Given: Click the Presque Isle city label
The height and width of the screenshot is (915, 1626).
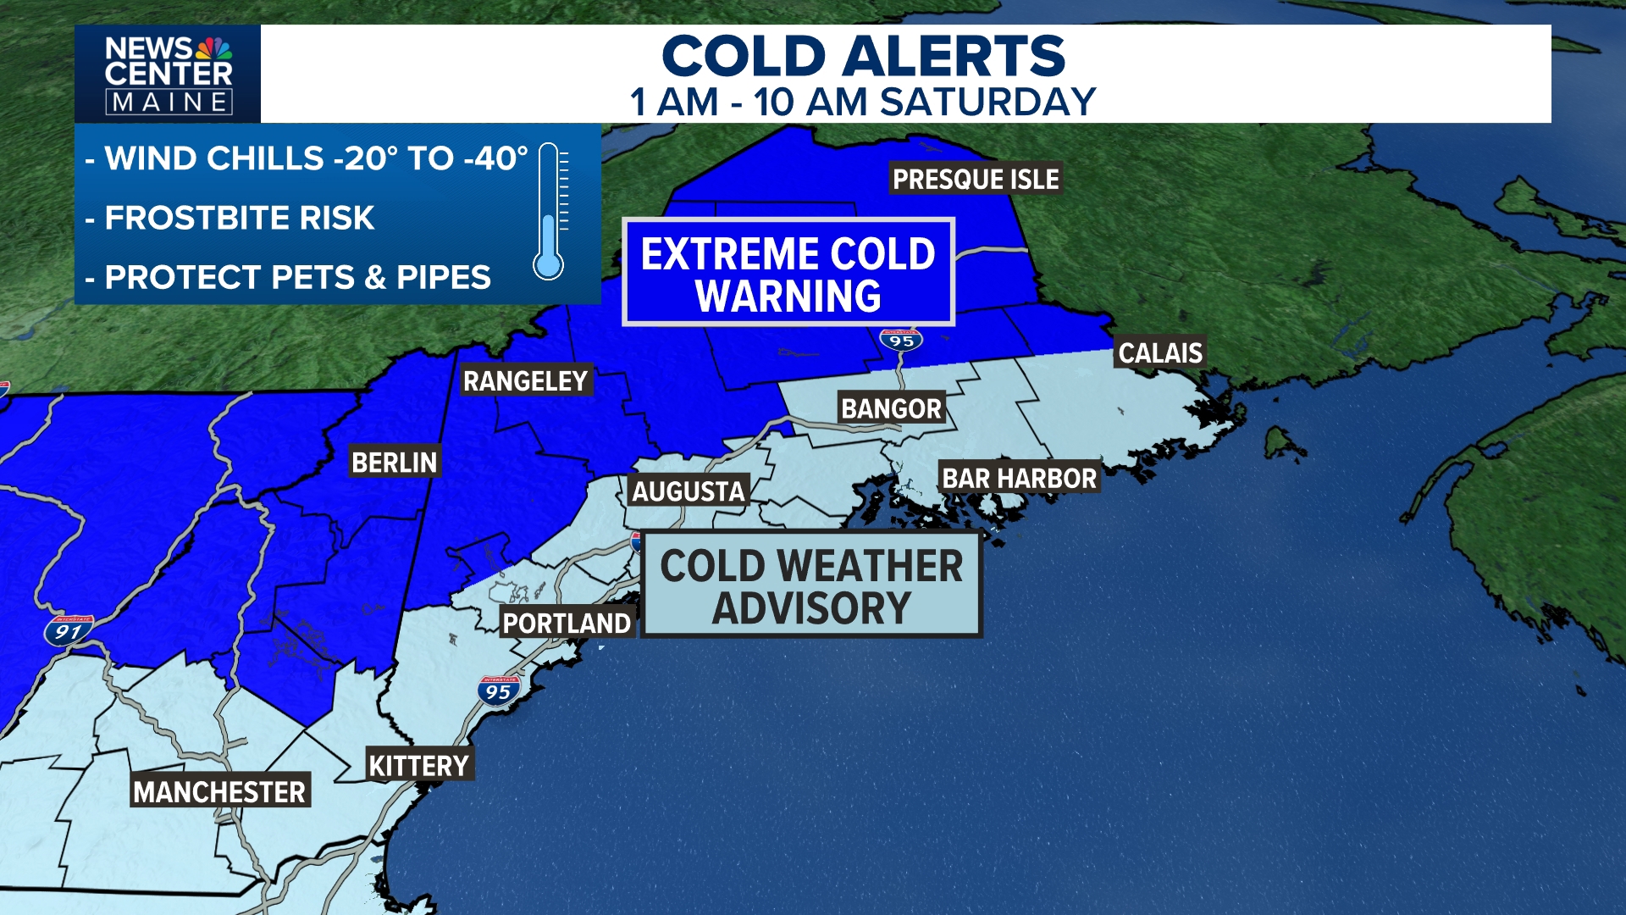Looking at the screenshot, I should [x=976, y=179].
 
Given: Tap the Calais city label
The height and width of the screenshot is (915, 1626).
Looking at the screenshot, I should [x=1159, y=352].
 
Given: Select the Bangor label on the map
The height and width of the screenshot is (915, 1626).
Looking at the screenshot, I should [x=891, y=408].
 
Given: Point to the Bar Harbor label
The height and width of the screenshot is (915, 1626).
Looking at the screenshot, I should [x=1019, y=479].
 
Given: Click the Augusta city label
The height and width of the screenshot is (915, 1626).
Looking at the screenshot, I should [x=689, y=491].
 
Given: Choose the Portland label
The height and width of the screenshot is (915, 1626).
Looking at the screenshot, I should [x=567, y=624].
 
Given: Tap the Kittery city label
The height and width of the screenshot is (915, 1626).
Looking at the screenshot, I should [x=419, y=766].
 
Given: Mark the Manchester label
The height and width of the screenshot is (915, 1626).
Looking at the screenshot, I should [x=219, y=792].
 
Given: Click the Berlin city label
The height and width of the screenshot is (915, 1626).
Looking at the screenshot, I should [x=395, y=463].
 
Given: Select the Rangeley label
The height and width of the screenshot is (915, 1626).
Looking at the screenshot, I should [x=525, y=381].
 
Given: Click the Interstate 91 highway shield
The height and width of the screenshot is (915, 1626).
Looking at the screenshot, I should [x=69, y=631].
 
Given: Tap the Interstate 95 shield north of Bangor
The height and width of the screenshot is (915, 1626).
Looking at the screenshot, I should [x=901, y=341].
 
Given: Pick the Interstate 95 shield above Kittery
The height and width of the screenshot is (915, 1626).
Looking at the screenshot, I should [x=498, y=691].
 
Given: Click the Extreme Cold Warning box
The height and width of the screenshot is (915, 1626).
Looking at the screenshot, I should [x=788, y=273].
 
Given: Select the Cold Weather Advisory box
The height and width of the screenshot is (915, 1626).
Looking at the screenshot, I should [x=811, y=585].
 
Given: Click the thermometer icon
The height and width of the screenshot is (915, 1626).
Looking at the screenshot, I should [x=549, y=212].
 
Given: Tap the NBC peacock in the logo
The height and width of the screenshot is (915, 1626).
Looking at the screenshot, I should [x=213, y=48].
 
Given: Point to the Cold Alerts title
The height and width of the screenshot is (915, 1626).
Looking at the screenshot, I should [x=863, y=57].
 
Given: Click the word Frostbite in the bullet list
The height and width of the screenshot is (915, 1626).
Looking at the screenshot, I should [x=196, y=219].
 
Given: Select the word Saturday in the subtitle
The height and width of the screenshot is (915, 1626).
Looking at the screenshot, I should [x=988, y=103].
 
